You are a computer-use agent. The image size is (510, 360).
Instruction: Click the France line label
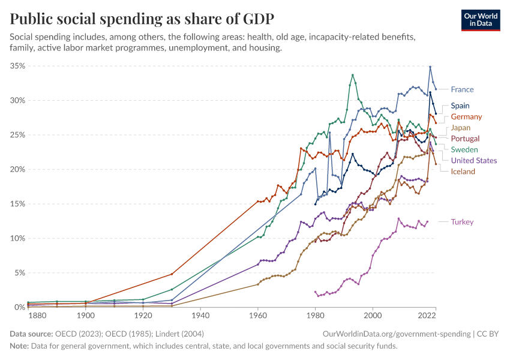click(x=462, y=89)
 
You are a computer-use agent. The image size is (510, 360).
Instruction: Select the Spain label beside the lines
click(x=460, y=106)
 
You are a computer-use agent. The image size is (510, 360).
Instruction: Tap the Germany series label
click(x=466, y=116)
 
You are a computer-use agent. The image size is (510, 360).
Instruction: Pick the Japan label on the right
click(x=461, y=128)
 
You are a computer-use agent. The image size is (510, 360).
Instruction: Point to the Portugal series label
click(x=465, y=139)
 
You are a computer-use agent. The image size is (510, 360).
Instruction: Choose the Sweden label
click(x=464, y=149)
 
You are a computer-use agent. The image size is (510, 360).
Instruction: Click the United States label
click(x=474, y=160)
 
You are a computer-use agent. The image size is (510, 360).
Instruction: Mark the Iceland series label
click(x=463, y=172)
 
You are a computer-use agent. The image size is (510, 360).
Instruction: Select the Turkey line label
click(x=462, y=222)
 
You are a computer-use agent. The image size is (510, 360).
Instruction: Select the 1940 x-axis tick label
click(x=200, y=315)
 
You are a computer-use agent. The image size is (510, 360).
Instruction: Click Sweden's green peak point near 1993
click(x=353, y=75)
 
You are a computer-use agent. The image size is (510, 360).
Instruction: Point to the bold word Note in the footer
click(x=19, y=346)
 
